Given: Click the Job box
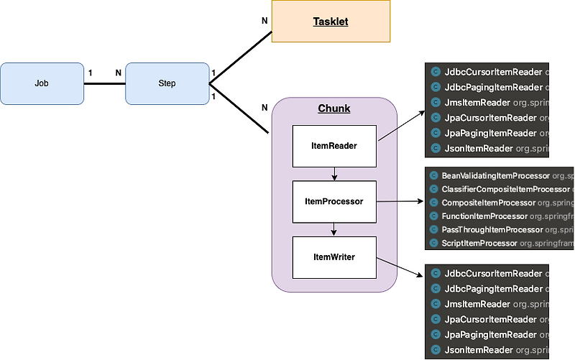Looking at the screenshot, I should [42, 83].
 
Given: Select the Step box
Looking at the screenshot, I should [167, 83].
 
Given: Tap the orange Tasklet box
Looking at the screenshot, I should [331, 22].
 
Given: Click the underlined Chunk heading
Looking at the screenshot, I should [334, 109].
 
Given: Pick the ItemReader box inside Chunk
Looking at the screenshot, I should [334, 146].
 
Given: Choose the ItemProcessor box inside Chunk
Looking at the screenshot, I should [334, 201].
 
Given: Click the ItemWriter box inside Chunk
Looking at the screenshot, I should [334, 257].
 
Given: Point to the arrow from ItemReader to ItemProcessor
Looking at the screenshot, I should [334, 173].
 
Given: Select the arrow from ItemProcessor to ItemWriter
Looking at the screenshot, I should [334, 229].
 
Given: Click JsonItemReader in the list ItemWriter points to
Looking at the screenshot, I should [478, 350].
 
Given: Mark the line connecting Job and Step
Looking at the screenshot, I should [105, 83].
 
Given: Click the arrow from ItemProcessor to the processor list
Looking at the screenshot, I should [399, 203].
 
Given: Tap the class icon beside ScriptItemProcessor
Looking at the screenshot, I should [434, 243].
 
